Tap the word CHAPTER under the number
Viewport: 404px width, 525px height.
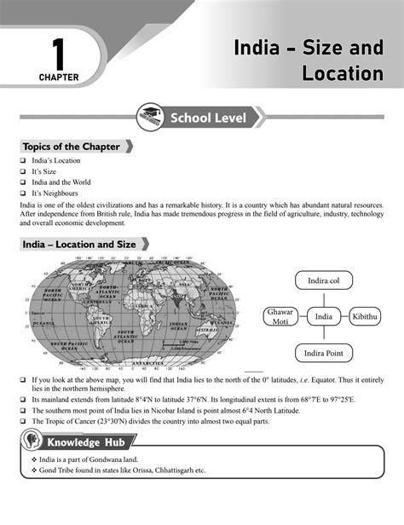58,77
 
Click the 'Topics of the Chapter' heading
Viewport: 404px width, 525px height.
71,147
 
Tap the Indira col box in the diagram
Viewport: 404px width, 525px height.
323,280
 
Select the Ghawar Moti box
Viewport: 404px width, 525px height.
280,317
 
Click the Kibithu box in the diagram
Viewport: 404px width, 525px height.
367,317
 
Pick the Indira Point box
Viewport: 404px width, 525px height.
323,352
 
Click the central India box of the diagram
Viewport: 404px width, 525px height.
323,317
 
